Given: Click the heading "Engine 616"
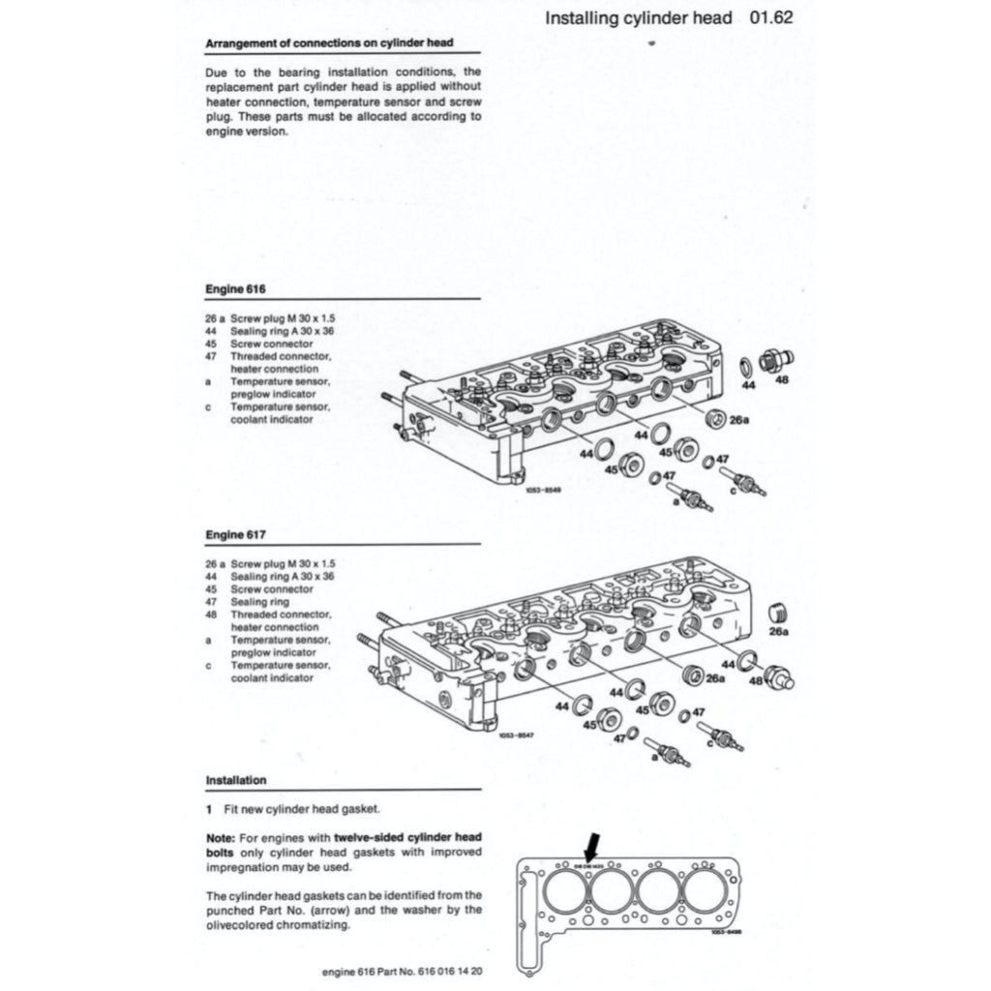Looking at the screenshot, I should coord(235,288).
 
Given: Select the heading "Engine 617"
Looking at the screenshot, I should coord(235,534).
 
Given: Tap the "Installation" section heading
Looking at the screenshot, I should coord(236,780).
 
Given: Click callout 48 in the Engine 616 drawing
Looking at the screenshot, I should coord(782,380).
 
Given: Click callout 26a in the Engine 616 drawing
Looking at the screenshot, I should coord(740,421).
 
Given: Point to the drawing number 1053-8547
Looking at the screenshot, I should coord(517,736).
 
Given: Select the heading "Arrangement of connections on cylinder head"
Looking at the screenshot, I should coord(329,44).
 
